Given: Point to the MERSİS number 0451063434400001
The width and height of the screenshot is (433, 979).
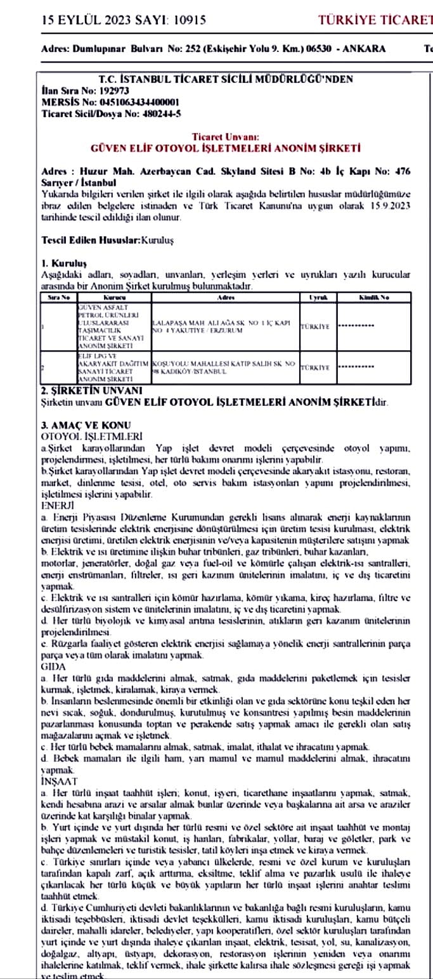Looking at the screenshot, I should (x=133, y=101).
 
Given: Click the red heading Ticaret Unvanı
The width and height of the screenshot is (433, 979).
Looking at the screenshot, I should (x=226, y=137).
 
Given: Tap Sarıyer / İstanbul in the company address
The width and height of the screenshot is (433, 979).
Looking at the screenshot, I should (x=74, y=182).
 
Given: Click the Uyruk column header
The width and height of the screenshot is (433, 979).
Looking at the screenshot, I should (x=317, y=296).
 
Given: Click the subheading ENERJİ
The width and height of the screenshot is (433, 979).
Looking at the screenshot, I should (x=58, y=506).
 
